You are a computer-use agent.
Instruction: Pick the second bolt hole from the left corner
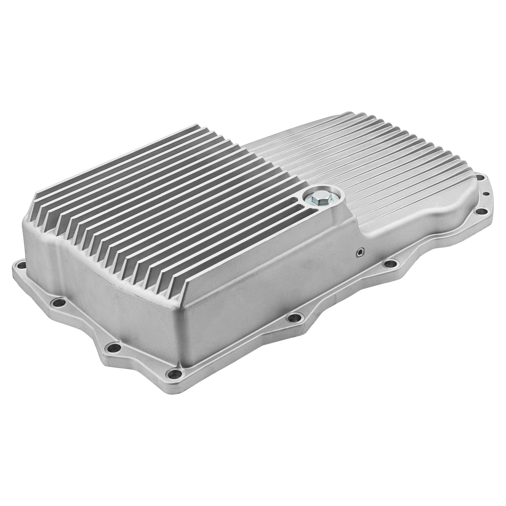57,302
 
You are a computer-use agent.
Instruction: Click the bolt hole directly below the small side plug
390,263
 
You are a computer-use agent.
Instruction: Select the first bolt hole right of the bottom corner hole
293,317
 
